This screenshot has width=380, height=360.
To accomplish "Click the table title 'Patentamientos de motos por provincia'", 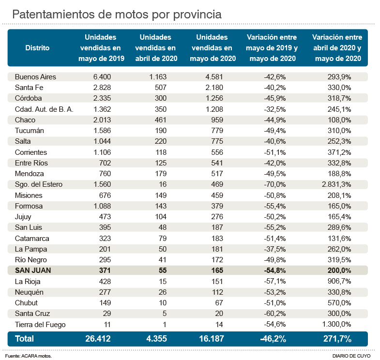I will click(117, 15).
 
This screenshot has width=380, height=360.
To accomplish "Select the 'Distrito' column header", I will click(37, 48).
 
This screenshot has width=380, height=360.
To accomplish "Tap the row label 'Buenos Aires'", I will click(35, 76).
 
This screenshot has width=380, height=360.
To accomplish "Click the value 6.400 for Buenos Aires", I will click(102, 76).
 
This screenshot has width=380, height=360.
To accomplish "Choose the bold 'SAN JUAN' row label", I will click(33, 270).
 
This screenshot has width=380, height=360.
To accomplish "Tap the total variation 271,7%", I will click(334, 339).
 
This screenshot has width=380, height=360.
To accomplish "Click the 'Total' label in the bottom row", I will click(25, 339).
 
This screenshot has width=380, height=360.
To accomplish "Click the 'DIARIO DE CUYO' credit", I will click(351, 356).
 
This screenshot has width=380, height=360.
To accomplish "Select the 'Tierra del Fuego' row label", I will click(40, 325).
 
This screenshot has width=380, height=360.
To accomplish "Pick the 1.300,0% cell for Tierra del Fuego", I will click(337, 325).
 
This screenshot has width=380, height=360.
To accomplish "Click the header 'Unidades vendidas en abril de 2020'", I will click(156, 48).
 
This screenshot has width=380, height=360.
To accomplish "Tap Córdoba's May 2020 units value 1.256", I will click(213, 98).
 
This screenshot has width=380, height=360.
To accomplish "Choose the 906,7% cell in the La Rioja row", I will click(339, 282).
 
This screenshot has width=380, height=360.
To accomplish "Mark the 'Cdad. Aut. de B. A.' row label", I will click(44, 109).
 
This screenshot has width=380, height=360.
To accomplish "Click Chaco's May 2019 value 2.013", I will click(102, 120).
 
